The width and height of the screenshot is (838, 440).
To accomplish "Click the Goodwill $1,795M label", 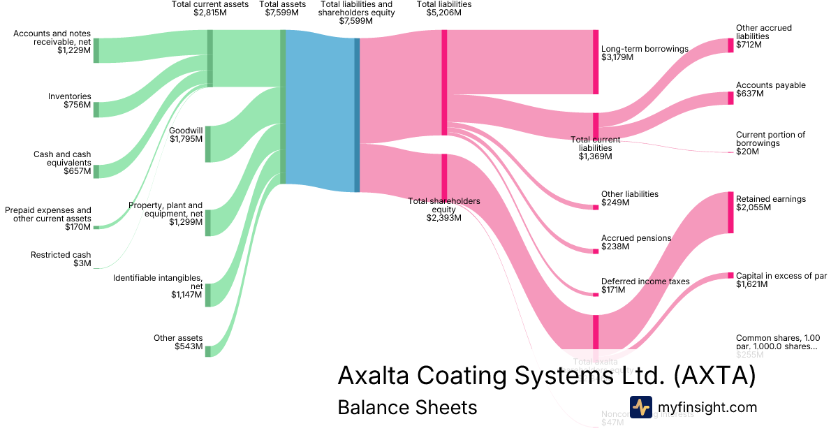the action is (186, 134).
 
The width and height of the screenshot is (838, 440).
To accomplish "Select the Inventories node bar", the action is (96, 110).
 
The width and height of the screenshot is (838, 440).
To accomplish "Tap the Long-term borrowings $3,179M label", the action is (645, 53).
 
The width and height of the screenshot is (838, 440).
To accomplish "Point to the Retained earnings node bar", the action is (730, 212).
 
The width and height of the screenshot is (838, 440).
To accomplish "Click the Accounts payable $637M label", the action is (770, 89).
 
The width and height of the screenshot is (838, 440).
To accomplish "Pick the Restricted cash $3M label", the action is (61, 259).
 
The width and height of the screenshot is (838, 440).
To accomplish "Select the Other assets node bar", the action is (207, 351).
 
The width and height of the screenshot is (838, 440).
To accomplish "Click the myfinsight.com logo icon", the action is (640, 407).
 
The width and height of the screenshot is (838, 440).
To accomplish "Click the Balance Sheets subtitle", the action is (407, 408).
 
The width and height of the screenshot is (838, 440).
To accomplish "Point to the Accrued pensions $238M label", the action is (635, 242).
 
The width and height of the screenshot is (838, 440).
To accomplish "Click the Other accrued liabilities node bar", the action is (730, 45).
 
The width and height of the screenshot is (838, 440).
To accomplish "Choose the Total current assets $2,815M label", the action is (210, 8).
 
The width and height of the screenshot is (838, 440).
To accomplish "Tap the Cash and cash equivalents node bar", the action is (96, 171).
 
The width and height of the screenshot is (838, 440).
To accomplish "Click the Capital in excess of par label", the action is (781, 280).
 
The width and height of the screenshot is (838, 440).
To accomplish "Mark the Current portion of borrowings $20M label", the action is (770, 142).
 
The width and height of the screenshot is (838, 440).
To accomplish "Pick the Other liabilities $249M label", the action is (629, 198).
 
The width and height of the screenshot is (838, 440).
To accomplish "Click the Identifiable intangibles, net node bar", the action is (207, 295).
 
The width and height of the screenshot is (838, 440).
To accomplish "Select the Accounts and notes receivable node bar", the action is (96, 50).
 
